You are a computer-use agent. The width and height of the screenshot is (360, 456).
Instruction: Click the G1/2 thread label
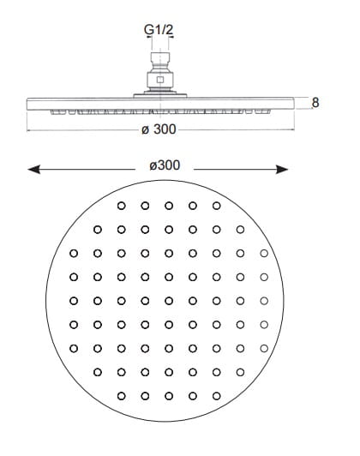(159, 30)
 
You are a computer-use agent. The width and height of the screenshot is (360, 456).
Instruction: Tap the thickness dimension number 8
(315, 103)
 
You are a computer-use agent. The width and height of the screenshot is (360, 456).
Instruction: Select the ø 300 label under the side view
(159, 129)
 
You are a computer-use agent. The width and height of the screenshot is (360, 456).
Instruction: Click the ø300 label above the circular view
(165, 165)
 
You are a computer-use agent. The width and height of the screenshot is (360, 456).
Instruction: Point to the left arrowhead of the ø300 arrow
(33, 169)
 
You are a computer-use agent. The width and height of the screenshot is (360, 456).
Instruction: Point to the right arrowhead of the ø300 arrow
(282, 169)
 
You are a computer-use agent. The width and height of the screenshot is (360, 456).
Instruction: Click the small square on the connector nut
(160, 80)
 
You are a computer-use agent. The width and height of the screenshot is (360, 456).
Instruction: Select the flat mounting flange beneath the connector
(160, 95)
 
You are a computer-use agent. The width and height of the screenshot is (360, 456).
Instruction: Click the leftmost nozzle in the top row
(121, 206)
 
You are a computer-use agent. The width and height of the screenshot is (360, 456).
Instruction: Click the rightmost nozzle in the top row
(216, 206)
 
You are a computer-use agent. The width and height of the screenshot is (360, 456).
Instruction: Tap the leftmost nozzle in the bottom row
(121, 396)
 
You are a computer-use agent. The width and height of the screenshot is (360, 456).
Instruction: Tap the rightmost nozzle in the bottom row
(216, 396)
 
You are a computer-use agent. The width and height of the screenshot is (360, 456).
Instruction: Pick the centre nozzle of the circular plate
(169, 301)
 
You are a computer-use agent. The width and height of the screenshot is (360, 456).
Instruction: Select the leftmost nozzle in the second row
(98, 230)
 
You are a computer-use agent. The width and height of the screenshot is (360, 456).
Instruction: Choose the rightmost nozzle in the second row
(240, 230)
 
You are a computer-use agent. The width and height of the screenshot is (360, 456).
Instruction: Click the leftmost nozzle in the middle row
(74, 301)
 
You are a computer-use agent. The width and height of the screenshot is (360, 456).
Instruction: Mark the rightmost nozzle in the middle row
(264, 301)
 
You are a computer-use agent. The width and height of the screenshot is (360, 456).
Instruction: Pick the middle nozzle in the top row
(169, 206)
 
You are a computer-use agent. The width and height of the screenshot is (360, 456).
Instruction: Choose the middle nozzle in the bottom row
(169, 396)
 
